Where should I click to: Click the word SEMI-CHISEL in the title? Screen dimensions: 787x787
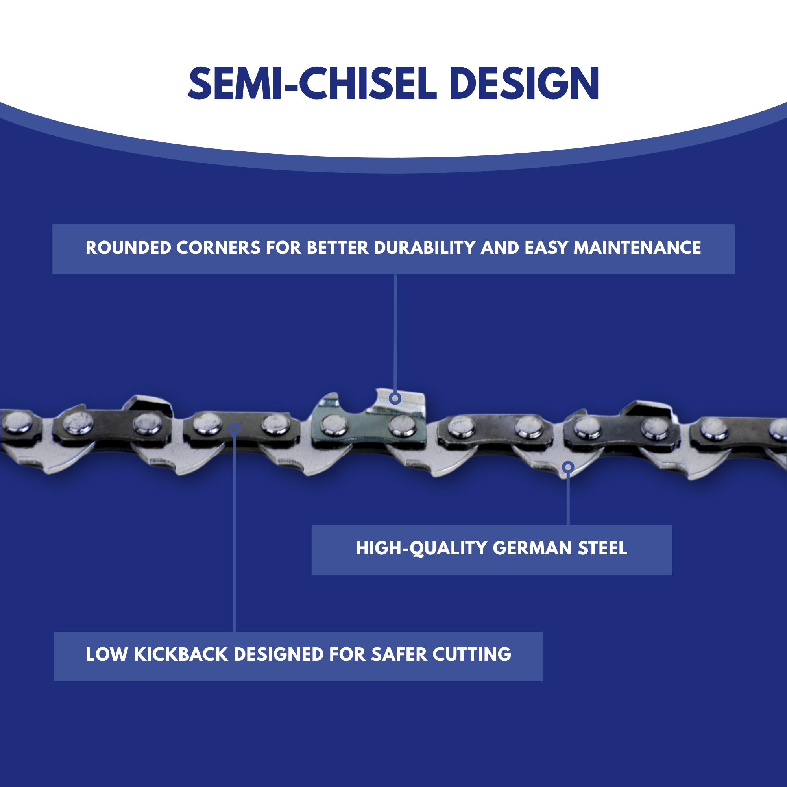coord(312,83)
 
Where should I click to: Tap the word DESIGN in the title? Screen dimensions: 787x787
coord(524,83)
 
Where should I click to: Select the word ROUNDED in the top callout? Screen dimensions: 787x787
coord(128,248)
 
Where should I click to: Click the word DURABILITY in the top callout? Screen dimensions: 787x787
coord(425,248)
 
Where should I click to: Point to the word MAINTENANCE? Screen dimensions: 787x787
coord(637,248)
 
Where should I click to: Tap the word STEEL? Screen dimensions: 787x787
coord(602,548)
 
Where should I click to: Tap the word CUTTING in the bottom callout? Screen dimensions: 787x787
coord(471,655)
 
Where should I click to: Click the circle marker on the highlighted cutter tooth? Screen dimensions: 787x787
coord(395,398)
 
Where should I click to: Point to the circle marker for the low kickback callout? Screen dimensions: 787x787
coord(234,429)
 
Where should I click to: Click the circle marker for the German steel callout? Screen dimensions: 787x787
coord(568,467)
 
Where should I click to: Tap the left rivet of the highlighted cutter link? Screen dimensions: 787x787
coord(334,425)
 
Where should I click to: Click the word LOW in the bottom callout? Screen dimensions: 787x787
coord(105,655)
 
